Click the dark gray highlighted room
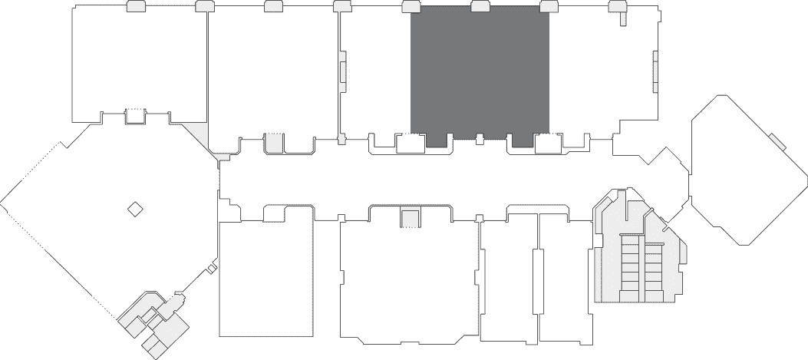coord(480,73)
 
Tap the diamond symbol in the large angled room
coord(135,208)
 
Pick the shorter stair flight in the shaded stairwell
coord(653,272)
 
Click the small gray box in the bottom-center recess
coord(411,218)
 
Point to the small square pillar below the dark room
coord(480,139)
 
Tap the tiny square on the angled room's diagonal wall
coord(212,268)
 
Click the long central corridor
coord(430,180)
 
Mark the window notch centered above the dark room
coord(480,7)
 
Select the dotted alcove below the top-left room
coord(135,116)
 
